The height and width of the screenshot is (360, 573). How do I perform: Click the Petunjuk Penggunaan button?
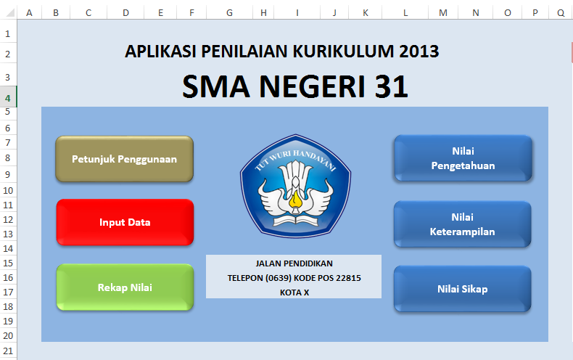click(x=124, y=159)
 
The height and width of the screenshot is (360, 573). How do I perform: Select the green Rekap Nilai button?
click(x=125, y=287)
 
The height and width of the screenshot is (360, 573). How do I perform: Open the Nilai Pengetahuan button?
click(x=463, y=158)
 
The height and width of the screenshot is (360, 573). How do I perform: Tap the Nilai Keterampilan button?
click(x=462, y=224)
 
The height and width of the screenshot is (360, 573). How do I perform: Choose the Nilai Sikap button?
click(x=462, y=289)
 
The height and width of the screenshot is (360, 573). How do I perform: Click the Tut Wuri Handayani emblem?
click(x=295, y=186)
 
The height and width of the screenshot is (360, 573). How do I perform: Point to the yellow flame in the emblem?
click(x=295, y=200)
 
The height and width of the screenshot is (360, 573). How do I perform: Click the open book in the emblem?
click(x=295, y=220)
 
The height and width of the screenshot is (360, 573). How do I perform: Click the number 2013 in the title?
click(x=419, y=52)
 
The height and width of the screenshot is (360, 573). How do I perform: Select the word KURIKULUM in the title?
click(x=344, y=52)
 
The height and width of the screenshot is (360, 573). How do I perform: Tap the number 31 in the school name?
click(x=392, y=86)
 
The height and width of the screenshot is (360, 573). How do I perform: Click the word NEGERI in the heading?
click(x=312, y=86)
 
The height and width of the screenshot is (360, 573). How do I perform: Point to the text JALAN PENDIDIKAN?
click(x=294, y=263)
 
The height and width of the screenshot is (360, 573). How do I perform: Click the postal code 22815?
click(x=348, y=278)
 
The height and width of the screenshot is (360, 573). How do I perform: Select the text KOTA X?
click(x=294, y=292)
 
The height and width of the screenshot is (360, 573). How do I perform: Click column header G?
click(x=229, y=13)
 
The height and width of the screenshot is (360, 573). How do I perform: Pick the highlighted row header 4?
click(x=8, y=97)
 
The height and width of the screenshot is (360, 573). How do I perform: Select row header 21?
click(x=8, y=351)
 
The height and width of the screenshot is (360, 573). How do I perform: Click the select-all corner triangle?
click(x=10, y=13)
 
